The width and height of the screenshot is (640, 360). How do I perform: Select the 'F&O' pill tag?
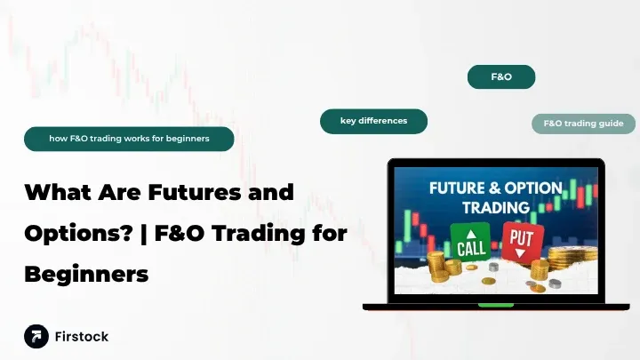coord(501,77)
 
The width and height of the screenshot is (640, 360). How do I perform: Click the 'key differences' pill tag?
coord(373,121)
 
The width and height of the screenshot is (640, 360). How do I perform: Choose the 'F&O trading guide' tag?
coord(583,124)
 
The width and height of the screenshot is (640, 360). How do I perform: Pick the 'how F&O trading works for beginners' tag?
coord(129,139)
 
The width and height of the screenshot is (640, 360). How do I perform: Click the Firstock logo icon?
coord(36,336)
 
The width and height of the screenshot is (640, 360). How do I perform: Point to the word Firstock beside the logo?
coord(82,337)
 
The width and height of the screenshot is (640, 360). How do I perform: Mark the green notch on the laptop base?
coord(496,305)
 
